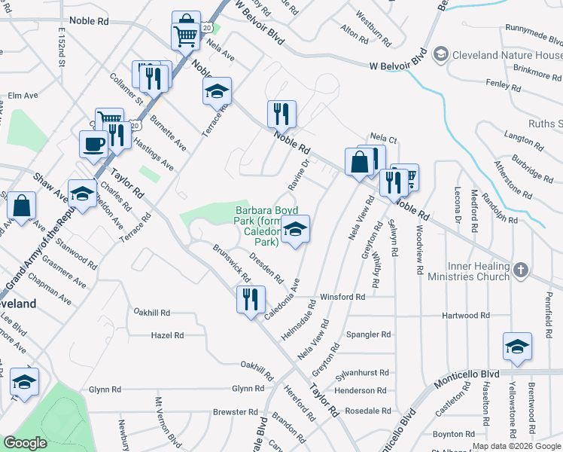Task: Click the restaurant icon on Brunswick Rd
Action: (249, 299)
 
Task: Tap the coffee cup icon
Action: (94, 145)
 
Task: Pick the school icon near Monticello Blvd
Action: (517, 346)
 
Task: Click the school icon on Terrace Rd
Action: (218, 91)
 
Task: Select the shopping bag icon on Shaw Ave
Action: (23, 206)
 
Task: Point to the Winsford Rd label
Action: (342, 297)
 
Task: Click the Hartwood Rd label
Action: (466, 316)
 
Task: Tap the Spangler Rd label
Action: (368, 334)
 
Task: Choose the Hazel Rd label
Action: (166, 334)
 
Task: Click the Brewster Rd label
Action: (235, 412)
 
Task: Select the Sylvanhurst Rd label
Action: (363, 372)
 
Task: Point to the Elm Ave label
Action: (23, 96)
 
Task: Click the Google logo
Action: (25, 443)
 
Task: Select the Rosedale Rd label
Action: (367, 411)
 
